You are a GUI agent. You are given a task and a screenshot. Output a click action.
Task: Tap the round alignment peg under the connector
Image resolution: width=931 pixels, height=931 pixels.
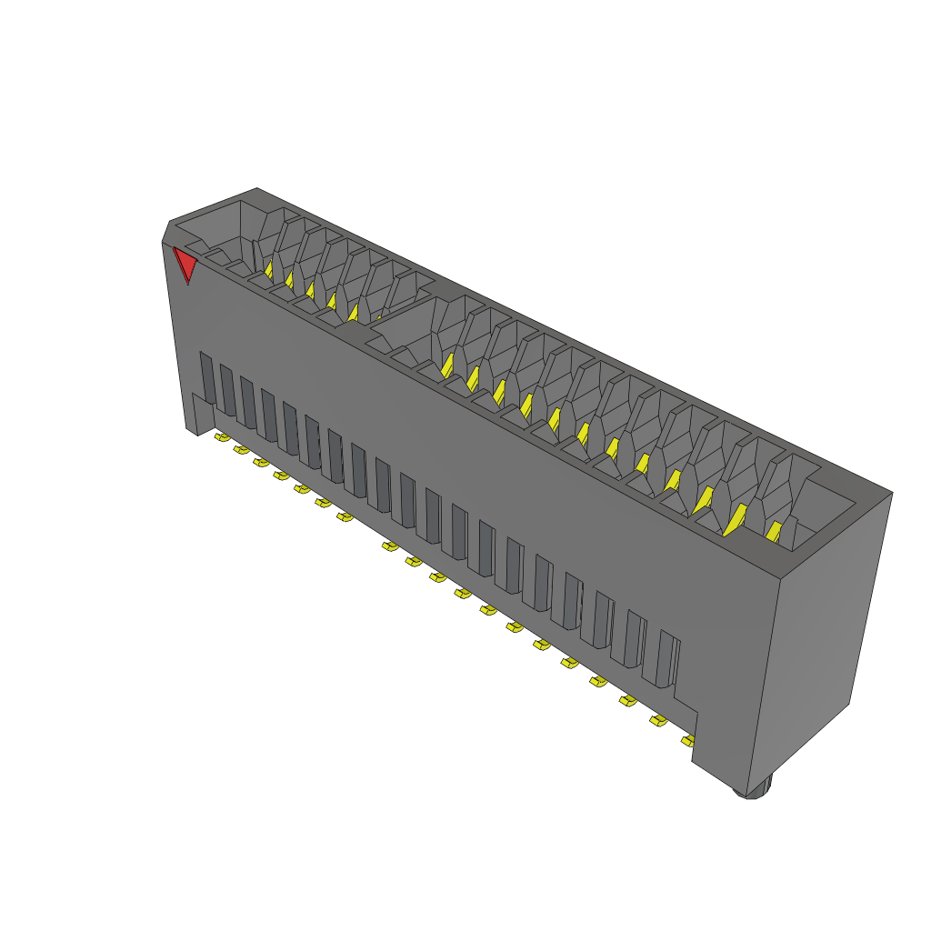[x=759, y=789]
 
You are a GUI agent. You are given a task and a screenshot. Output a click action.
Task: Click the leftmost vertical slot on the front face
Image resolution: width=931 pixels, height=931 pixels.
[x=206, y=377]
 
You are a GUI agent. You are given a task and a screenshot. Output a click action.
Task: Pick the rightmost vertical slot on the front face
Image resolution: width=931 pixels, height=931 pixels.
[x=666, y=656]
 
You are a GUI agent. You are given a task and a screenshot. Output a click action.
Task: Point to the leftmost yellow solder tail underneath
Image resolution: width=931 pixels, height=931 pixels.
[x=221, y=437]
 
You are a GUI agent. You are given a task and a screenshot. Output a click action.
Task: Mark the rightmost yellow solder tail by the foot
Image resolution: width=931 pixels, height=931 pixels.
[x=687, y=741]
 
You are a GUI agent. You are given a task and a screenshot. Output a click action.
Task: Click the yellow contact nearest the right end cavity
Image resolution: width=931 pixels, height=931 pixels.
[x=774, y=531]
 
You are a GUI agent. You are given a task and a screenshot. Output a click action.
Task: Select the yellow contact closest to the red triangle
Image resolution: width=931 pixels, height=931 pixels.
[x=269, y=269]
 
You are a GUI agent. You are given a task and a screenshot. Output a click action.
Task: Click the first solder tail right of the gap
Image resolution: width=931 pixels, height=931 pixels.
[x=389, y=546]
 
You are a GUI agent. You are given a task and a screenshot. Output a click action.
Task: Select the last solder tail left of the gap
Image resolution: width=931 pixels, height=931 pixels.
[x=344, y=516]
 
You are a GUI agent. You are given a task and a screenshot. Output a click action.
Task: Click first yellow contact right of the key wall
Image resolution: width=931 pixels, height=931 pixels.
[x=446, y=365]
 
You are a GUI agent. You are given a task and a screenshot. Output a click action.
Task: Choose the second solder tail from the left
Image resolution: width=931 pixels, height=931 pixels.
[x=241, y=449]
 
